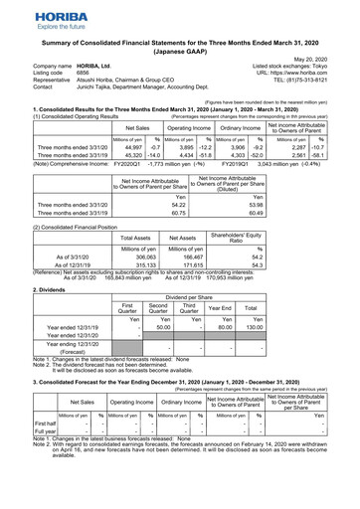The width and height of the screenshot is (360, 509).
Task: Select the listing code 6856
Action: pos(84,70)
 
